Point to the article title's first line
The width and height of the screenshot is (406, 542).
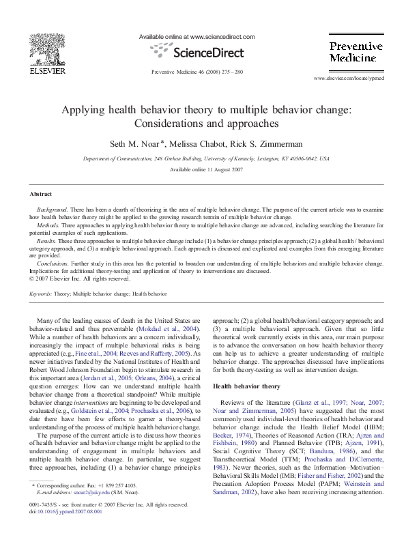tap(202, 111)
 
